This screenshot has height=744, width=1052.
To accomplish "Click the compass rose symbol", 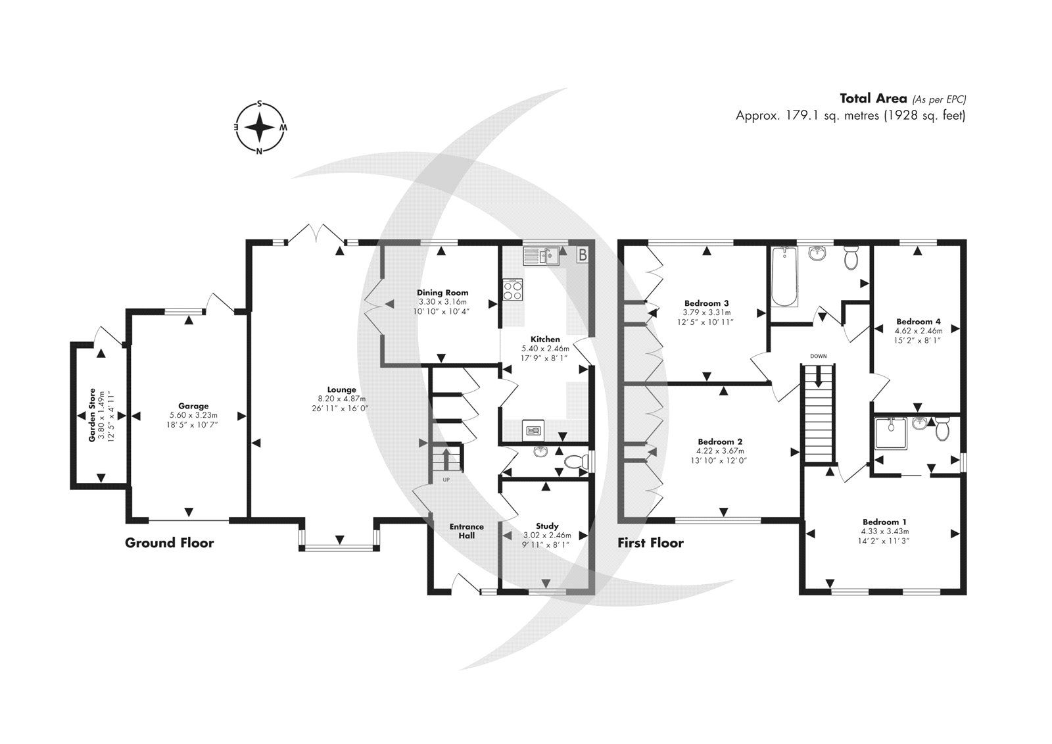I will (260, 127).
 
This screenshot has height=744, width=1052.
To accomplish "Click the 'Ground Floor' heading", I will (170, 543).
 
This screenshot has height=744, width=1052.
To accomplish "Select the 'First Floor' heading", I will (650, 543).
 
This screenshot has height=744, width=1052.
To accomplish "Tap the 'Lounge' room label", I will (342, 389).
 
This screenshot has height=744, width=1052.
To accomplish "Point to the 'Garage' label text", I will (193, 406).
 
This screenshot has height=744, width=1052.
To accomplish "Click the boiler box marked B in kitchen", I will (582, 255).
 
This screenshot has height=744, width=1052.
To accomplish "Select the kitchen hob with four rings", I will (513, 289).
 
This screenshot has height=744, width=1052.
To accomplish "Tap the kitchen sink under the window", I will (540, 255).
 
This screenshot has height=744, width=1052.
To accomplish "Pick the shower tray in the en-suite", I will (892, 434).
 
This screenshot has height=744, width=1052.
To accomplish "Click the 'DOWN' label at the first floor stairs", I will (818, 356).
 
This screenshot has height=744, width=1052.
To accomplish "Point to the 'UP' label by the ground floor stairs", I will (446, 480).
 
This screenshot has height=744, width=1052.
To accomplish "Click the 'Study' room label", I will (547, 526).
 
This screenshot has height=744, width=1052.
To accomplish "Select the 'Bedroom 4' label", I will (919, 322).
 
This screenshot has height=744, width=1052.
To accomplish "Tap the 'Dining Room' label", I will (442, 293).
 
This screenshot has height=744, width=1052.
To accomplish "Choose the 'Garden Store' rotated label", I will (93, 414).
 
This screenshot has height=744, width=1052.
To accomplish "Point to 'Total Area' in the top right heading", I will (873, 99).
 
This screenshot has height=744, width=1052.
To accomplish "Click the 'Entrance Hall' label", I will (466, 530).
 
